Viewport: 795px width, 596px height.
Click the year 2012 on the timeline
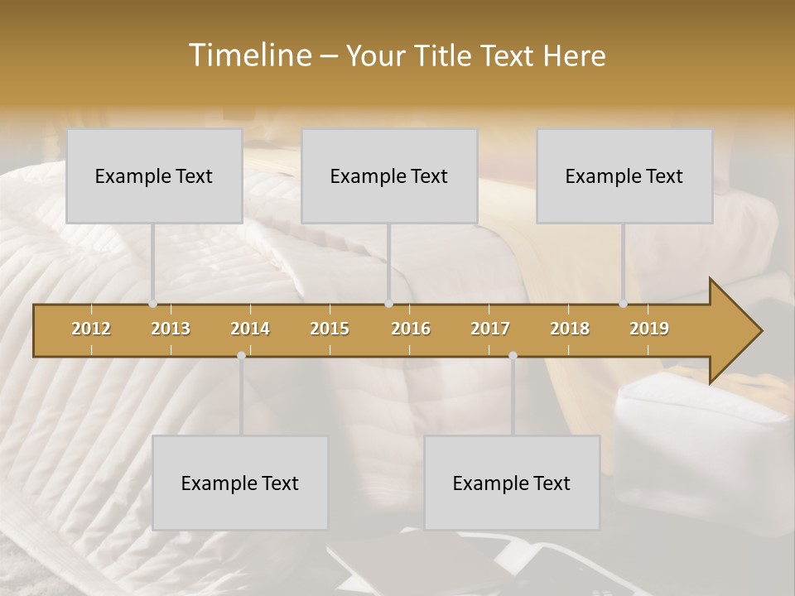(91, 329)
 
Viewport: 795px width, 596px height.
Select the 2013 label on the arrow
(171, 329)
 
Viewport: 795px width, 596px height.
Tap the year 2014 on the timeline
(250, 329)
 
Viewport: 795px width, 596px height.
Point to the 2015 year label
(330, 329)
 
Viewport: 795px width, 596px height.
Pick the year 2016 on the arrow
(411, 329)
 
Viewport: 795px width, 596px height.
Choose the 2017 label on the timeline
(490, 329)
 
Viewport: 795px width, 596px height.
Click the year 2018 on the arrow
(570, 329)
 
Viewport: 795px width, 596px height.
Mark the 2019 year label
(649, 329)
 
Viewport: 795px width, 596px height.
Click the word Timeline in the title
(248, 55)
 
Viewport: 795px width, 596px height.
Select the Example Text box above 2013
(154, 175)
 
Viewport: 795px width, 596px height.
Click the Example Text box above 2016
(389, 175)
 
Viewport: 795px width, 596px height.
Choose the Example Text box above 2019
(624, 175)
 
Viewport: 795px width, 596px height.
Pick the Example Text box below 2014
(240, 483)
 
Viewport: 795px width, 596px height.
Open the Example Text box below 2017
(512, 483)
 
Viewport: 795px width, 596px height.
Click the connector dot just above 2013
(152, 304)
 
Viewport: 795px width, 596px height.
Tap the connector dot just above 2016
(388, 304)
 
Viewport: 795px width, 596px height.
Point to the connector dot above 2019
(624, 304)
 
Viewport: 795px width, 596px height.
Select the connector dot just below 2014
(241, 355)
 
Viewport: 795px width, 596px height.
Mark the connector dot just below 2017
(513, 355)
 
